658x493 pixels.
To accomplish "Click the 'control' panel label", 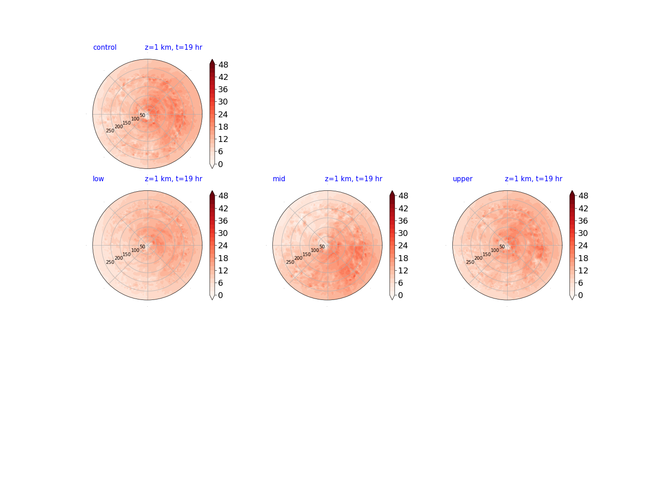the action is pyautogui.click(x=105, y=47).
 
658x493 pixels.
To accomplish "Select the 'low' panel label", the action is pyautogui.click(x=98, y=178).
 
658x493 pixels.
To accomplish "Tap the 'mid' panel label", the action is pyautogui.click(x=279, y=178).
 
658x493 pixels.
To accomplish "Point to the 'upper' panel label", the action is pyautogui.click(x=462, y=179).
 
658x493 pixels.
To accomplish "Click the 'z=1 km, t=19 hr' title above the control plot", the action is pyautogui.click(x=173, y=47).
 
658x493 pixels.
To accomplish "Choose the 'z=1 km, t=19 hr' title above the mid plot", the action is pyautogui.click(x=353, y=178).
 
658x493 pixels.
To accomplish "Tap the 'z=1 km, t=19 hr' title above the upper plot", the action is pyautogui.click(x=533, y=178).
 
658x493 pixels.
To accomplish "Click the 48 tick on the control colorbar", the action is pyautogui.click(x=223, y=65).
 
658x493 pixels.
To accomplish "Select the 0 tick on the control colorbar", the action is pyautogui.click(x=220, y=164).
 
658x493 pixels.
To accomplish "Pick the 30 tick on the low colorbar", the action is pyautogui.click(x=223, y=233).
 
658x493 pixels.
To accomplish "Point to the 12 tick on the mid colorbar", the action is pyautogui.click(x=403, y=271).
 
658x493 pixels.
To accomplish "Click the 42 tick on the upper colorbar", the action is pyautogui.click(x=583, y=208).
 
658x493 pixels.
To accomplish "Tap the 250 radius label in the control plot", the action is pyautogui.click(x=110, y=131).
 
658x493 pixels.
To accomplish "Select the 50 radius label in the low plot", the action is pyautogui.click(x=143, y=246).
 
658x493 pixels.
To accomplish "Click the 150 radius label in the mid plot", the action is pyautogui.click(x=306, y=254).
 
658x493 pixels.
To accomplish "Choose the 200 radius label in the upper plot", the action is pyautogui.click(x=478, y=258).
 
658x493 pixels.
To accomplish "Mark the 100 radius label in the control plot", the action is pyautogui.click(x=135, y=119).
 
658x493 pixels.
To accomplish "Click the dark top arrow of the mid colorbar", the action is pyautogui.click(x=392, y=194).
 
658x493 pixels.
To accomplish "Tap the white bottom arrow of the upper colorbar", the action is pyautogui.click(x=572, y=297).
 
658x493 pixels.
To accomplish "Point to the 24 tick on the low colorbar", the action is pyautogui.click(x=223, y=246).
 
